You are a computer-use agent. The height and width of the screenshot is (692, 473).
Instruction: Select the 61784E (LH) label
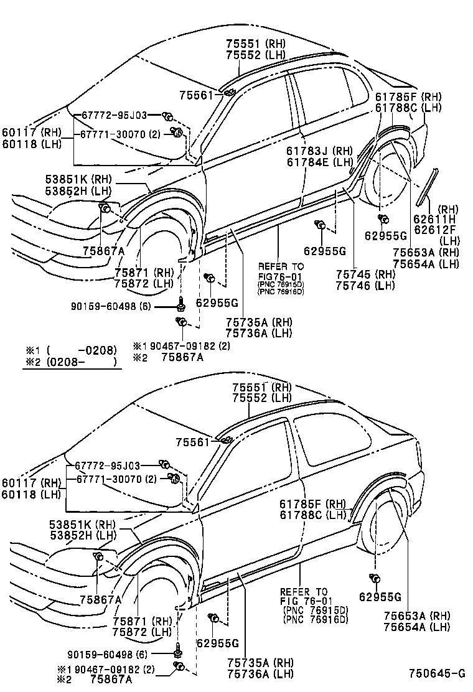(x=319, y=162)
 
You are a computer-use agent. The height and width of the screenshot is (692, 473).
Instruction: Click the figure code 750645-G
(x=437, y=673)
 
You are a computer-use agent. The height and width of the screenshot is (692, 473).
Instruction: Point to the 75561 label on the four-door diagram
(x=195, y=95)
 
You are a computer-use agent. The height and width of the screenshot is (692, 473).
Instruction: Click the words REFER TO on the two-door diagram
(x=303, y=591)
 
